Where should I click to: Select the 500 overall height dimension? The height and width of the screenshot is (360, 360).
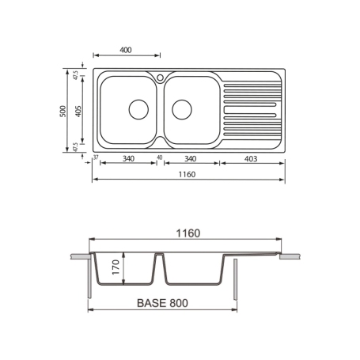pyautogui.click(x=63, y=112)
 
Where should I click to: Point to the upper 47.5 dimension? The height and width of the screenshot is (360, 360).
pyautogui.click(x=76, y=75)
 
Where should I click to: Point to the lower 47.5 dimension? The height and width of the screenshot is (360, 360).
pyautogui.click(x=76, y=147)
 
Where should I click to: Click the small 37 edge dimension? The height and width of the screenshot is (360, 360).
pyautogui.click(x=95, y=158)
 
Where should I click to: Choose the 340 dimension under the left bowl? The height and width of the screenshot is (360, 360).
pyautogui.click(x=128, y=158)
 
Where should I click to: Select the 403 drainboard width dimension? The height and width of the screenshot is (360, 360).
pyautogui.click(x=252, y=158)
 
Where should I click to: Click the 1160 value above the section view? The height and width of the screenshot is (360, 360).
pyautogui.click(x=187, y=233)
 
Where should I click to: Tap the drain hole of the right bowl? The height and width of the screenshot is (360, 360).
pyautogui.click(x=182, y=108)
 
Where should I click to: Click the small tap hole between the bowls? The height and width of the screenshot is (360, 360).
pyautogui.click(x=161, y=78)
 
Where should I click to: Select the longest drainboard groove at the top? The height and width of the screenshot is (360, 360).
pyautogui.click(x=250, y=85)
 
